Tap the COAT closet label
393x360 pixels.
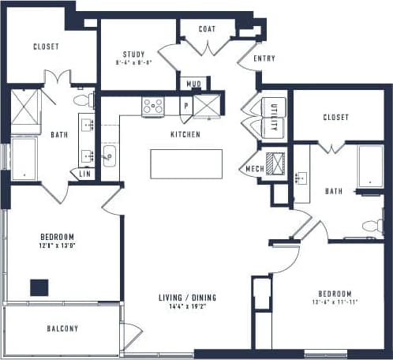[x=207, y=29]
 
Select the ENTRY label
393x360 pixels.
[x=264, y=59]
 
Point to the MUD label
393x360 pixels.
[x=193, y=84]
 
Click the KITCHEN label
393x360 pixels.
[x=185, y=135]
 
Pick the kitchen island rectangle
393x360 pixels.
[x=186, y=163]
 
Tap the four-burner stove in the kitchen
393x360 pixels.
[x=152, y=106]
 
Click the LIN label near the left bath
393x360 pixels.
[x=84, y=174]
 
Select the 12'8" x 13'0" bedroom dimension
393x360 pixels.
[x=58, y=246]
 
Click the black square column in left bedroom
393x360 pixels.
[x=39, y=287]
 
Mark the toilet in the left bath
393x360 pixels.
[x=84, y=100]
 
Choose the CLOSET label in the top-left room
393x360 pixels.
[x=46, y=47]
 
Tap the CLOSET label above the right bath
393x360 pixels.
[x=335, y=118]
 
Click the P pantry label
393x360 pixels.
[x=185, y=105]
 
